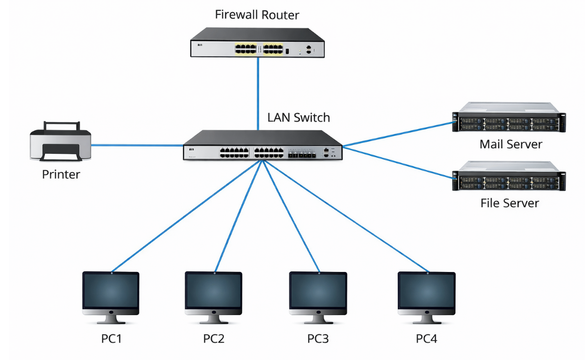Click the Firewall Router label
[257, 15]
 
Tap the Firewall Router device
[257, 43]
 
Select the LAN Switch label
[298, 118]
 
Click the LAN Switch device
[263, 145]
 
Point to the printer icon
[60, 141]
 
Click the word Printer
[61, 175]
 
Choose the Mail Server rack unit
[509, 117]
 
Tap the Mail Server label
[511, 144]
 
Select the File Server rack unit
[509, 176]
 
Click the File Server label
[509, 203]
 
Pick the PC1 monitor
[111, 297]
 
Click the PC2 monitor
[213, 297]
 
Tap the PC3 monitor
[318, 297]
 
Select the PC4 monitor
[426, 297]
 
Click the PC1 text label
[111, 339]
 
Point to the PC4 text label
[426, 339]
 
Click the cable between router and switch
[258, 94]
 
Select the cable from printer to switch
[137, 145]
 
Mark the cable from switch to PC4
[345, 216]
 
